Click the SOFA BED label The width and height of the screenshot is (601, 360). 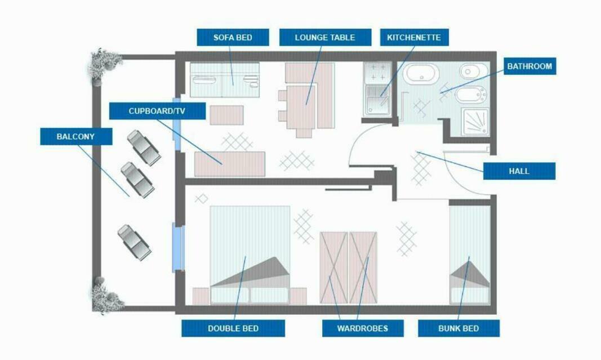point(233,38)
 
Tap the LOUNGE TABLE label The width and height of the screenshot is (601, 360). point(325,38)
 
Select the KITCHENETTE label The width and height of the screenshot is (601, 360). point(415,38)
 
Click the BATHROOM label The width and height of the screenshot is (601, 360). point(529,66)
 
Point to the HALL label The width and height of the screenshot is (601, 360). point(519,171)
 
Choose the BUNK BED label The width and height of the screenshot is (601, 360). point(459,328)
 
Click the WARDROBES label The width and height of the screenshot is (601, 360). point(363,328)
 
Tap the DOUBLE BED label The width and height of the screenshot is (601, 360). point(233,328)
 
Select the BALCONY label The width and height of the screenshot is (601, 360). point(76,136)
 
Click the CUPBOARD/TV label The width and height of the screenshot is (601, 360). point(157,111)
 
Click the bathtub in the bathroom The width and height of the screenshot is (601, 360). point(422,74)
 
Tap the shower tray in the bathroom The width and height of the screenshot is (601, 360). point(475,122)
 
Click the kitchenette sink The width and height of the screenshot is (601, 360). point(377,100)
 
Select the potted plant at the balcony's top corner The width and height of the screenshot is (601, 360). point(103,66)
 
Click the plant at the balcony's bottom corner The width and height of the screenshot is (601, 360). point(106,295)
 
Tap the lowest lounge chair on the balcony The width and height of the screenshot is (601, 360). point(134,242)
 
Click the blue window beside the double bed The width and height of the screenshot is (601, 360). point(178,247)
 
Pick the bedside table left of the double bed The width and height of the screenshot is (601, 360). point(201,296)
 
